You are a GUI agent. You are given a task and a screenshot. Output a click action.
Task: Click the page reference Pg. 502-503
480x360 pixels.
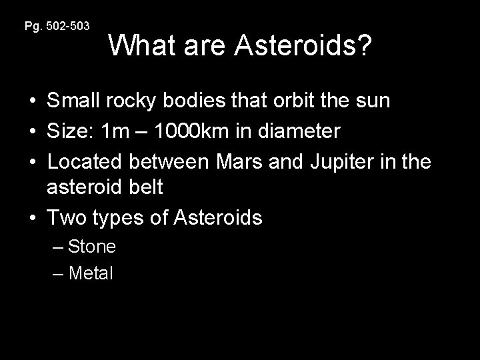tap(57, 26)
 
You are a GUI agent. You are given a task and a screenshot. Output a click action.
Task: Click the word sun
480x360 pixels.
tap(375, 102)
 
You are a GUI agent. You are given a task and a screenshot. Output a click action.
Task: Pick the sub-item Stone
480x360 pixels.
tap(91, 247)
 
